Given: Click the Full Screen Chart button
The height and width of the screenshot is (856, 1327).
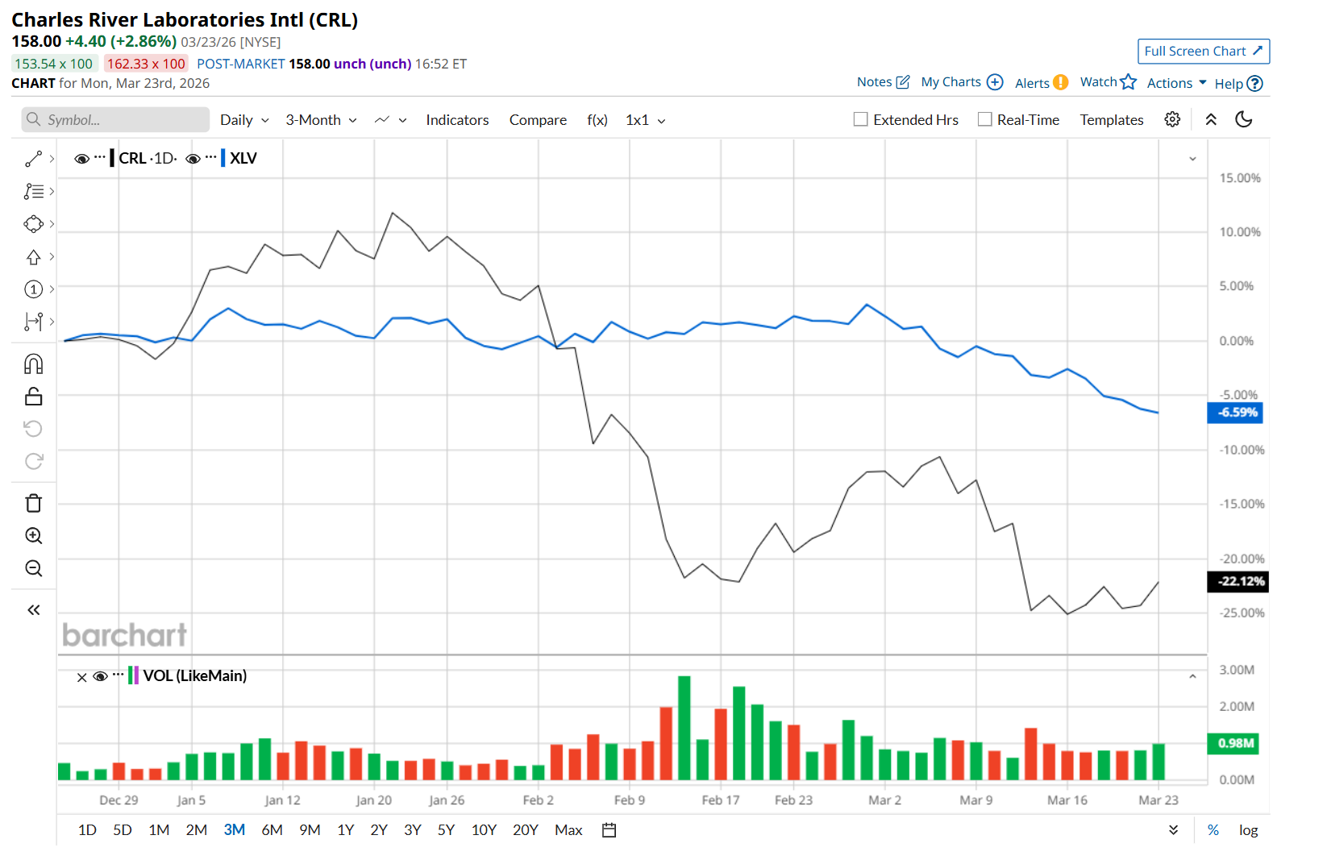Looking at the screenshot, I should pos(1203,52).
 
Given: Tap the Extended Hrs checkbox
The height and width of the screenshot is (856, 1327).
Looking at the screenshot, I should pos(861,120).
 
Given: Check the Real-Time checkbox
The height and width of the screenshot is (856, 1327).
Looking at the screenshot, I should pos(984,120).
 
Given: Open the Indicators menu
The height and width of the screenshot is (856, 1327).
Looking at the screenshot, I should pos(457,120).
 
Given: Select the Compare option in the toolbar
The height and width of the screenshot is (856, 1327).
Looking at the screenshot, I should pos(538,120).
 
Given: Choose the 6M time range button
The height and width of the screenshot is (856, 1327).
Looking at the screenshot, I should pos(272,830).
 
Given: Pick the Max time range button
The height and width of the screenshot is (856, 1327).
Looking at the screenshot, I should pos(568,830).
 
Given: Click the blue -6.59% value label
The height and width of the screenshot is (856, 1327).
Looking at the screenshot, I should pos(1235,413).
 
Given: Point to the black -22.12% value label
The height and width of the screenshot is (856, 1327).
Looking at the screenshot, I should pos(1238,581).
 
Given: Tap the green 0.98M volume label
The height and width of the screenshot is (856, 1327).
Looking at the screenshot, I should pos(1233,743).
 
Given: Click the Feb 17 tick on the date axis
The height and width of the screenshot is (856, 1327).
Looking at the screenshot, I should pos(720,800).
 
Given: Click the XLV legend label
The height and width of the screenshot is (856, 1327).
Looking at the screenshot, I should pos(243,159).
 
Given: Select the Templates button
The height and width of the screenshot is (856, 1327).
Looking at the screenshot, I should pos(1111,120).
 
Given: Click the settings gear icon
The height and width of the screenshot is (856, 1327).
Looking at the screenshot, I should pos(1172,119).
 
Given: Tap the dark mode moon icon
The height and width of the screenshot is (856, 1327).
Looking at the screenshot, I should pos(1244,119).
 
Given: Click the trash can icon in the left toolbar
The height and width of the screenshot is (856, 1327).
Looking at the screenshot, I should pos(34,504).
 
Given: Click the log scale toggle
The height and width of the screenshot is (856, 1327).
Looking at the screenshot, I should pos(1248,830).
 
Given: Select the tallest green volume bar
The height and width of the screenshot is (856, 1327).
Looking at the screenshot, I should pos(684,728).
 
